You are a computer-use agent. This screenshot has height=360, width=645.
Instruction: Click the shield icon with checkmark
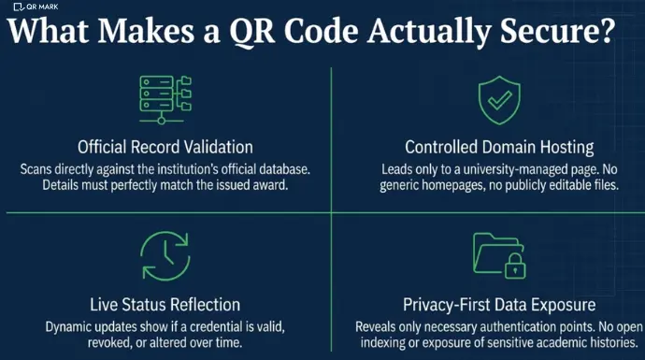[x=493, y=100]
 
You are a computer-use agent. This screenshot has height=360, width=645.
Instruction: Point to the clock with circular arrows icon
[x=164, y=256]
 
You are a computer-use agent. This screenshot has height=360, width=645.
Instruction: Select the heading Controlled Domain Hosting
[x=494, y=147]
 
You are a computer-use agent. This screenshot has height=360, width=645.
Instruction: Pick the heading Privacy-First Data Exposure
[x=493, y=305]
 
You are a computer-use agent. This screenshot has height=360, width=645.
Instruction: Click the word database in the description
[x=279, y=168]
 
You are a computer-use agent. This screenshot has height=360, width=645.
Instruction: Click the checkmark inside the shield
[x=493, y=100]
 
